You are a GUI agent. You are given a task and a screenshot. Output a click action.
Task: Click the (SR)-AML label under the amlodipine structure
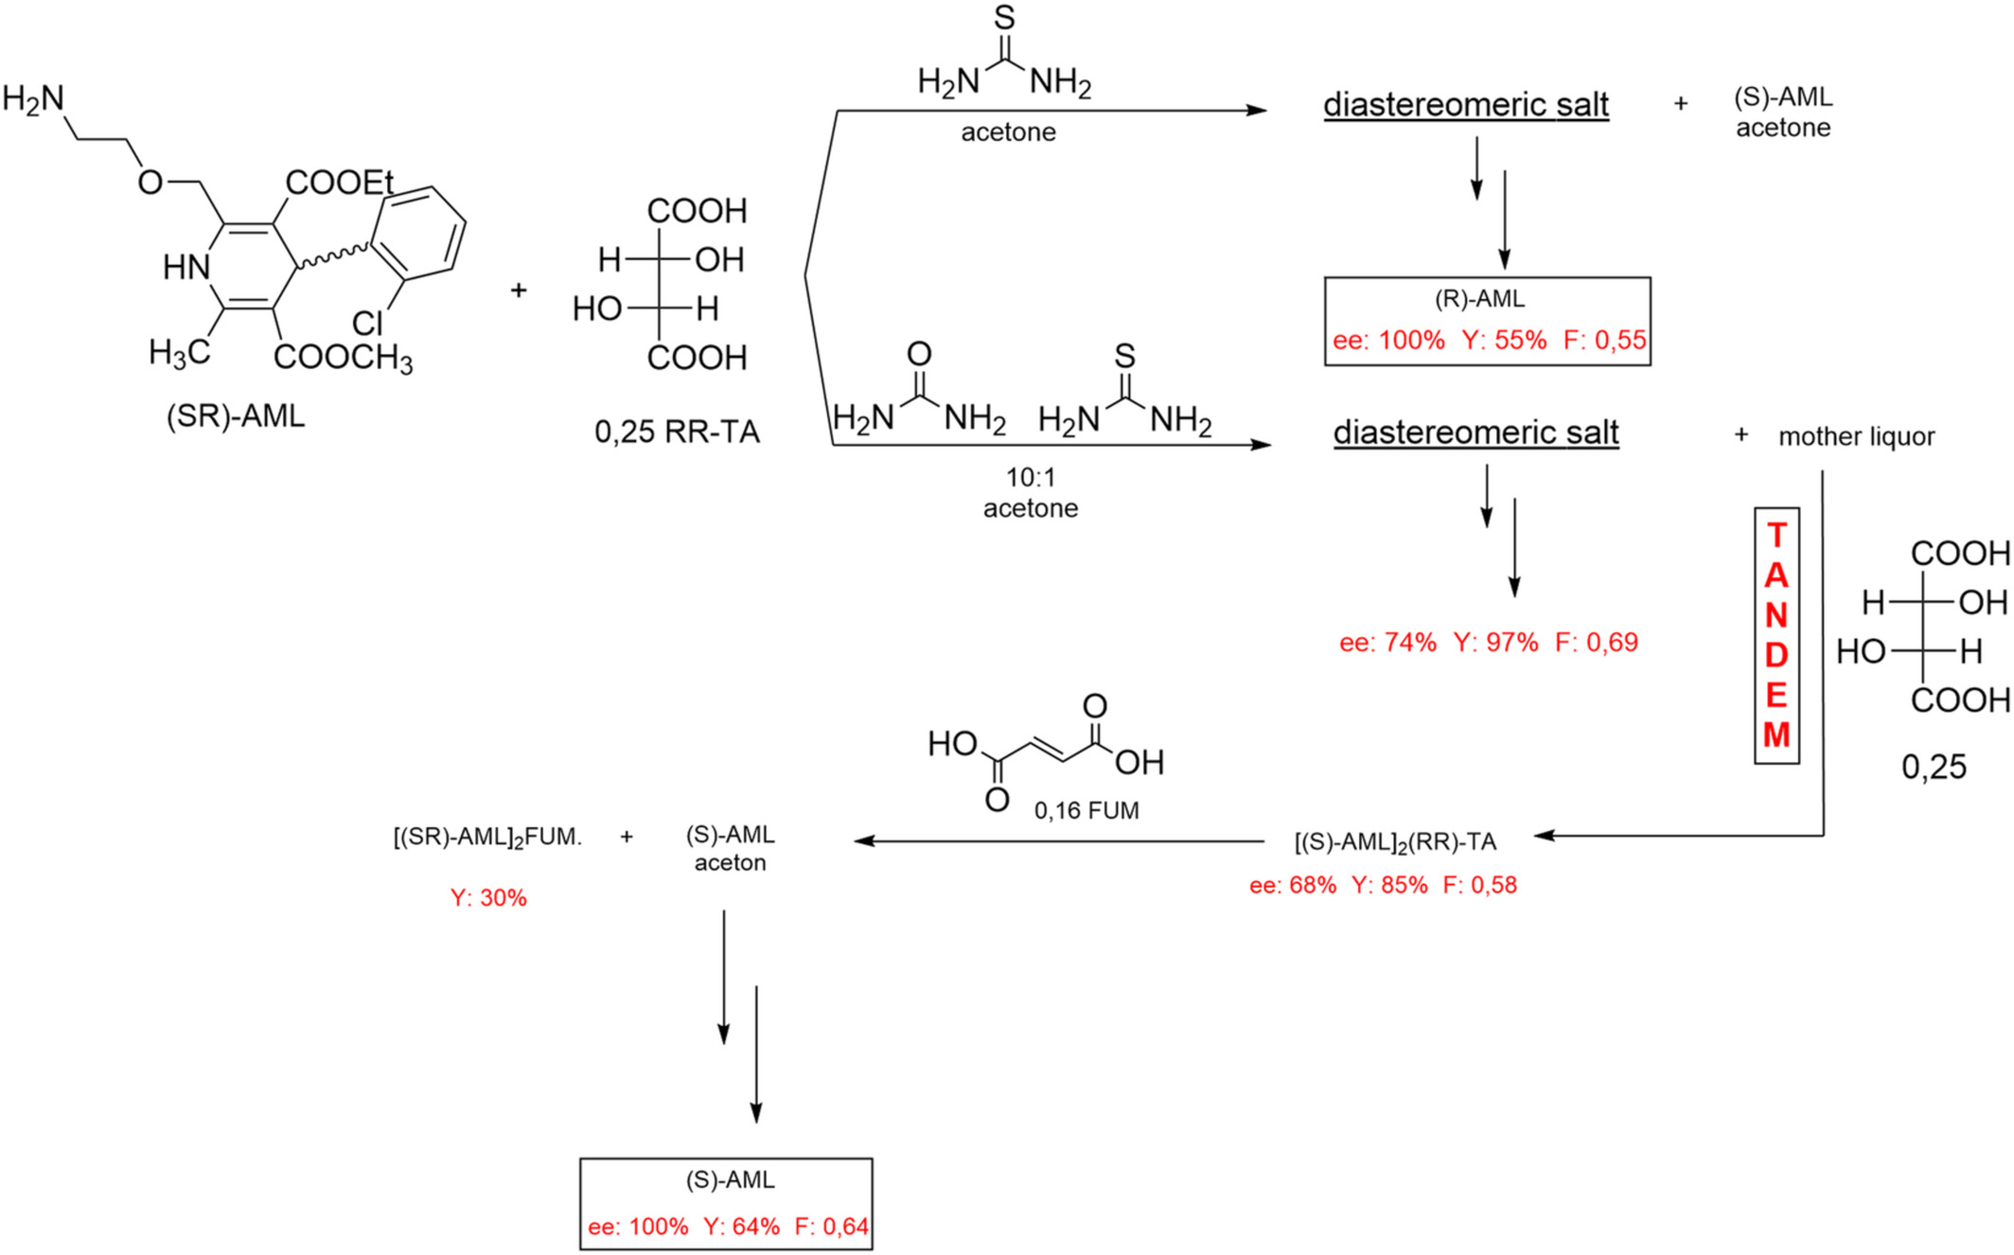coord(236,416)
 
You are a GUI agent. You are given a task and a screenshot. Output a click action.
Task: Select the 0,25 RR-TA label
coord(677,433)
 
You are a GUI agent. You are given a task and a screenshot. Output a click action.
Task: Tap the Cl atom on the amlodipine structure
coord(367,324)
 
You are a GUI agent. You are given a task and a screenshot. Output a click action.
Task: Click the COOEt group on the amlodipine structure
coord(339,183)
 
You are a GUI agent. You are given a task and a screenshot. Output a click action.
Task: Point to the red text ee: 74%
coord(1387,643)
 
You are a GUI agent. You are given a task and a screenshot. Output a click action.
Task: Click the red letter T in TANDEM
coord(1776,536)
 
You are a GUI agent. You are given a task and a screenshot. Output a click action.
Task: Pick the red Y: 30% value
coord(488,898)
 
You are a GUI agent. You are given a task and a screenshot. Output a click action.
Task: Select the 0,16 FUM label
coord(1086,811)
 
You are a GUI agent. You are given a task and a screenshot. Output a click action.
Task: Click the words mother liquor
coord(1856,437)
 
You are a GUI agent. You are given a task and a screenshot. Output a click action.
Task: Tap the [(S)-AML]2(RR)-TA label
coord(1395,842)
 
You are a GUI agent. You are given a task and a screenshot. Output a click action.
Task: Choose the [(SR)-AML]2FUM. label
coord(487,838)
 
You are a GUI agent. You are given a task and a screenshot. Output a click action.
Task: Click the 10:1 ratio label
coord(1031,477)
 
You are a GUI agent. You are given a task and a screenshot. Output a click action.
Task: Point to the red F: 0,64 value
coord(831,1228)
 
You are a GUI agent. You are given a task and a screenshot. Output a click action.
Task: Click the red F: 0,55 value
coord(1604,341)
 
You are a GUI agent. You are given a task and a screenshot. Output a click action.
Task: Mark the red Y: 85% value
coord(1389,886)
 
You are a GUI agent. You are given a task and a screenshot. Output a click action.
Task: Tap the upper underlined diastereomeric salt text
coord(1465,105)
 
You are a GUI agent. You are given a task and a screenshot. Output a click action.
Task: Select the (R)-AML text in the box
coord(1480,300)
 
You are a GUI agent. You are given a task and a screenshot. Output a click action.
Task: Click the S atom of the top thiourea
coord(1004,18)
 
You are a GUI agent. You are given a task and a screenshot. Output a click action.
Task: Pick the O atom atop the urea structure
coord(919,354)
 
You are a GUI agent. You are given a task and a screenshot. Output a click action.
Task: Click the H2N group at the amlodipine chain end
coord(33,98)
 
